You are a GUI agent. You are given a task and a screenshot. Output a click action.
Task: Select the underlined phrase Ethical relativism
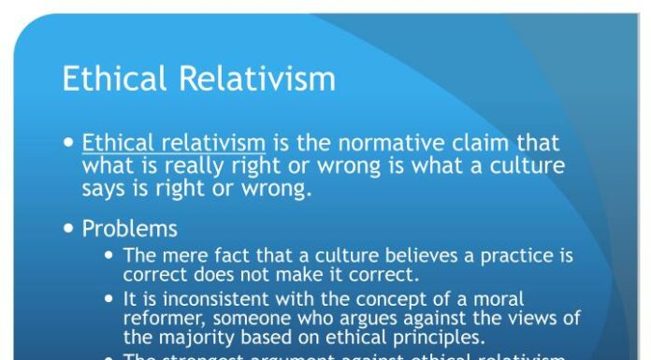click(x=174, y=144)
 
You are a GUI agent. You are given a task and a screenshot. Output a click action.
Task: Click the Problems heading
click(x=129, y=228)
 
